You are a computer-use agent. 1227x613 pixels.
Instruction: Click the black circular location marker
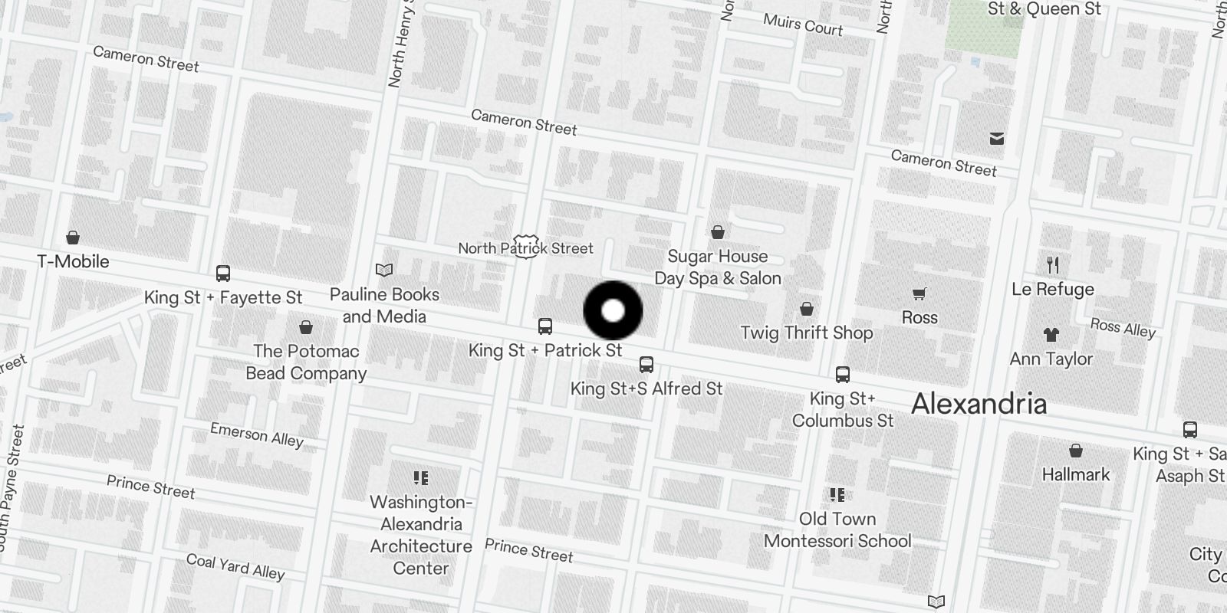[x=613, y=310]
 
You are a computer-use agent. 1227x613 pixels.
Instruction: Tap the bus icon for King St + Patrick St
[x=545, y=326]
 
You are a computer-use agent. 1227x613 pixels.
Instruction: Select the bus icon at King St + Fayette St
[x=223, y=274]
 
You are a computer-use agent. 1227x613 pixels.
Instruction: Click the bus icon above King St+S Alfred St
[x=646, y=365]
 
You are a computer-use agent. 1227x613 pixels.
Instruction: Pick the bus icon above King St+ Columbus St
[x=842, y=375]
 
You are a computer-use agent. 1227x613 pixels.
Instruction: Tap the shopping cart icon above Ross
[x=919, y=294]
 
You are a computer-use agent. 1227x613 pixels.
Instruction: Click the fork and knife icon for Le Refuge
[x=1053, y=265]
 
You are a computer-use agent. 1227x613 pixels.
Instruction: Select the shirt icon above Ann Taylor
[x=1051, y=335]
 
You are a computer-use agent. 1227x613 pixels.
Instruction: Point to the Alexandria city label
[x=979, y=404]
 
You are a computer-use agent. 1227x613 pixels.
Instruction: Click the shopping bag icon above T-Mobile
[x=73, y=238]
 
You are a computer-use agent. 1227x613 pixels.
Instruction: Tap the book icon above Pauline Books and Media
[x=384, y=270]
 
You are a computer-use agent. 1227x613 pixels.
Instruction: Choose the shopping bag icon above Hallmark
[x=1076, y=451]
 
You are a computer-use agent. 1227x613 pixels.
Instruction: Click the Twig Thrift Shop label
[x=806, y=333]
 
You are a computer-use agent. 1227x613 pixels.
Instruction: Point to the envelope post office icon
[x=997, y=139]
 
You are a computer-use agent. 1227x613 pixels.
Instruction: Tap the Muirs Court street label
[x=803, y=25]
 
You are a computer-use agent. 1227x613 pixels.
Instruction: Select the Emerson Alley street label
[x=257, y=434]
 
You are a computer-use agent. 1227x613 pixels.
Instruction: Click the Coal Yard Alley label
[x=235, y=566]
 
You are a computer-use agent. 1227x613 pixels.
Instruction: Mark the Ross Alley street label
[x=1123, y=328]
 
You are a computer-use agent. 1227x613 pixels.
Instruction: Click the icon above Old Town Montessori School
[x=837, y=495]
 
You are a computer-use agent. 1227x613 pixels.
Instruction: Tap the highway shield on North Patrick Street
[x=526, y=247]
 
